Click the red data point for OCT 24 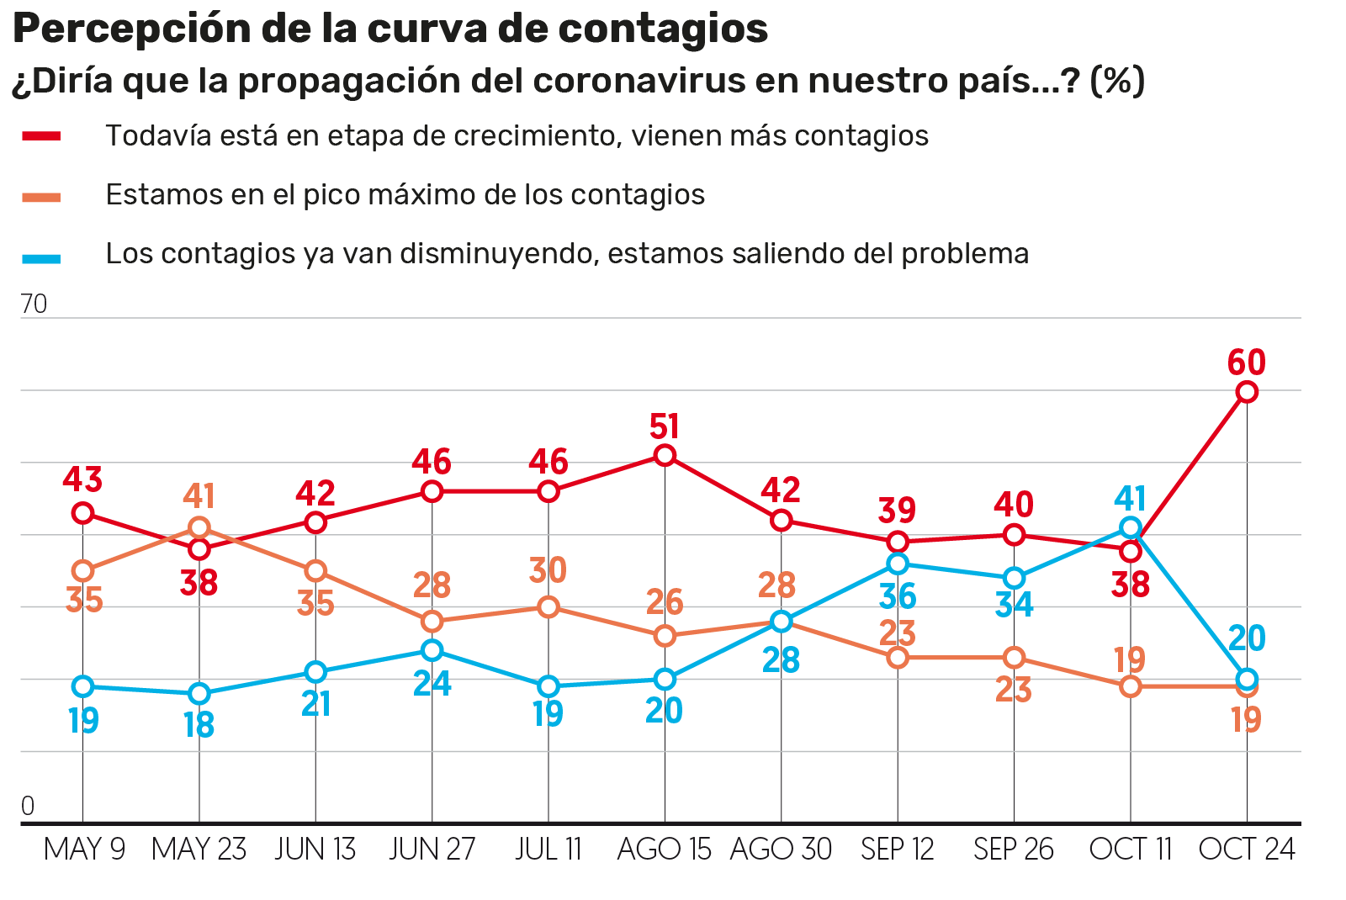pos(1247,392)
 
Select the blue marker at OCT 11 pos(1131,528)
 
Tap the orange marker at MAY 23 pos(199,528)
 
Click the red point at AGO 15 pos(665,456)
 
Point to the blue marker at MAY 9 pos(82,686)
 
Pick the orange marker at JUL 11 pos(548,606)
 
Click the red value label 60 pos(1246,363)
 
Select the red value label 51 pos(665,426)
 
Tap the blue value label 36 pos(898,596)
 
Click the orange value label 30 pos(548,570)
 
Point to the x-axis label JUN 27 pos(432,850)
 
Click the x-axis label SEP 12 pos(898,850)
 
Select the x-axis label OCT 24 pos(1247,850)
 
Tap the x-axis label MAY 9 pos(84,850)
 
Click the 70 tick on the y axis pos(34,304)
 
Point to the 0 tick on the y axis pos(28,806)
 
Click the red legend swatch pos(41,136)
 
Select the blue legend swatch pos(41,258)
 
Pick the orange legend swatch pos(41,198)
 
